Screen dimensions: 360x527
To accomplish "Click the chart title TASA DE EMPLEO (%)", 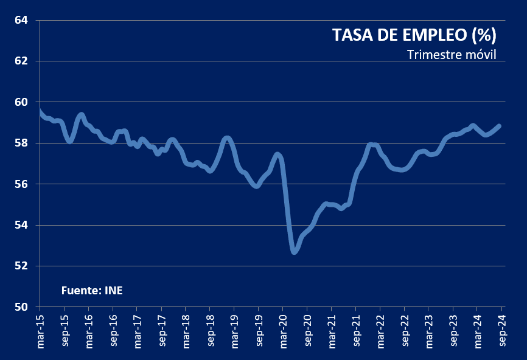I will (414, 35).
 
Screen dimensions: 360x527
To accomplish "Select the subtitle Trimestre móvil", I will (452, 55).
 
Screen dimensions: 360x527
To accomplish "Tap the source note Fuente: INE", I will (92, 290).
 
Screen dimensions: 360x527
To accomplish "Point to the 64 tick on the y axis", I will (21, 20).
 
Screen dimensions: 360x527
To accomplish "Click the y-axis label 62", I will (21, 61).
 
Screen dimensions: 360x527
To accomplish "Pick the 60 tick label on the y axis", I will (21, 102).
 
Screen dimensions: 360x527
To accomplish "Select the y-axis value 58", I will (21, 143).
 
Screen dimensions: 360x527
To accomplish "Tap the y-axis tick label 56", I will (21, 184).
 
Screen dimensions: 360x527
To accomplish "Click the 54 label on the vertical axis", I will (21, 225).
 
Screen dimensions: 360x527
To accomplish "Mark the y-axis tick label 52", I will (21, 266).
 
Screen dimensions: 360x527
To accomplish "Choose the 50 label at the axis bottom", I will (21, 307).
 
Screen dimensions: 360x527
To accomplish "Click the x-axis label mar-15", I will (41, 332).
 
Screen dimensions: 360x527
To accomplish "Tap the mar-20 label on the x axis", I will (283, 332).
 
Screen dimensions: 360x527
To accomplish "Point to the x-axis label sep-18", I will (211, 332).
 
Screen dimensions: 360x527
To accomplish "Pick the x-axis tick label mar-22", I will (380, 332).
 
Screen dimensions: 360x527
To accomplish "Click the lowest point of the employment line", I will (295, 251).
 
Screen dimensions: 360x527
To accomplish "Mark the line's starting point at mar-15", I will (40, 111).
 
